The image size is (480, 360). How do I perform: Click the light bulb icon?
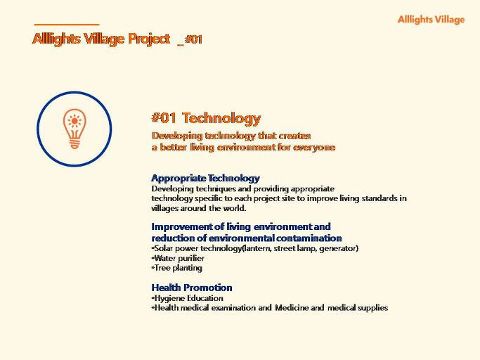[74, 129]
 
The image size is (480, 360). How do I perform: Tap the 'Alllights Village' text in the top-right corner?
[431, 20]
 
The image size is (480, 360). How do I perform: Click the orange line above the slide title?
[67, 24]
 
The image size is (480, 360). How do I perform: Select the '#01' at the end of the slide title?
[193, 39]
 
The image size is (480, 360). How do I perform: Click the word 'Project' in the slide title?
[149, 39]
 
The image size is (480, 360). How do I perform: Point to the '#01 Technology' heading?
[206, 118]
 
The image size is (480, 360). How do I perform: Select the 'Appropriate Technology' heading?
[205, 178]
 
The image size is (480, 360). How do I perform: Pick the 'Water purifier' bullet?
[178, 258]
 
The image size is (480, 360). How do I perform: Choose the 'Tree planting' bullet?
[176, 268]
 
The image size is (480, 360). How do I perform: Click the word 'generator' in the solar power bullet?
[337, 248]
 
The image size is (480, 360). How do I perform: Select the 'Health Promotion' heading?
[192, 288]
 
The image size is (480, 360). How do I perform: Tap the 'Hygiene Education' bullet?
[187, 298]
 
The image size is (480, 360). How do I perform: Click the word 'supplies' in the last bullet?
[373, 307]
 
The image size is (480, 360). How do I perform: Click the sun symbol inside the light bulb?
[74, 121]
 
